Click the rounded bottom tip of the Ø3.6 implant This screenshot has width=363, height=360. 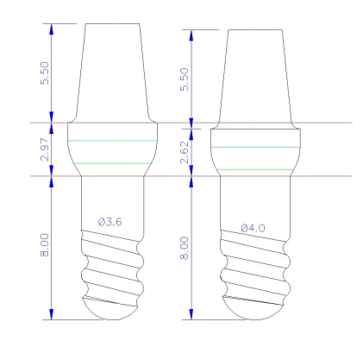112,309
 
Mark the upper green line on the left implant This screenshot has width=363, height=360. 112,140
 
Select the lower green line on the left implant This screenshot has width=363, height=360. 112,163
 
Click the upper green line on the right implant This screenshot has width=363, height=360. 256,147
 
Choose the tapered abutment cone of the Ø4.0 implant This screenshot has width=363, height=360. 256,78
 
